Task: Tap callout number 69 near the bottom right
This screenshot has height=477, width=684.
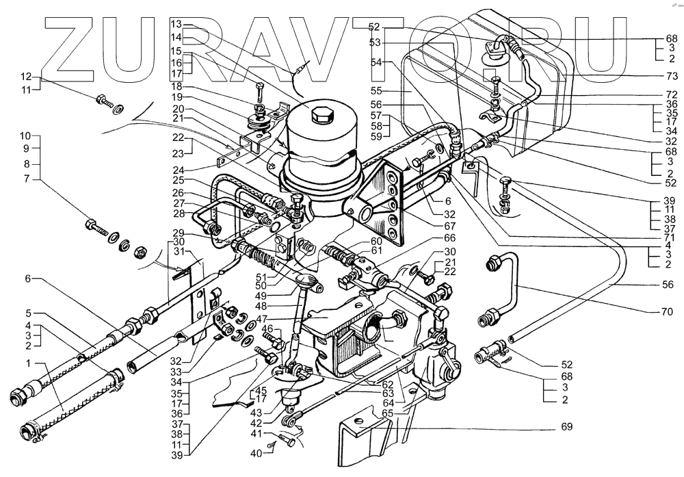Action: pyautogui.click(x=568, y=427)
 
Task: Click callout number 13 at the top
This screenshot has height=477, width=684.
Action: pyautogui.click(x=177, y=24)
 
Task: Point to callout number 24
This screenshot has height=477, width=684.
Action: pyautogui.click(x=178, y=168)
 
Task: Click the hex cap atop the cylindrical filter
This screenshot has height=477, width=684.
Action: pyautogui.click(x=321, y=115)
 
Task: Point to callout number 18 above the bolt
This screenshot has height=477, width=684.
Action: pyautogui.click(x=178, y=87)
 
